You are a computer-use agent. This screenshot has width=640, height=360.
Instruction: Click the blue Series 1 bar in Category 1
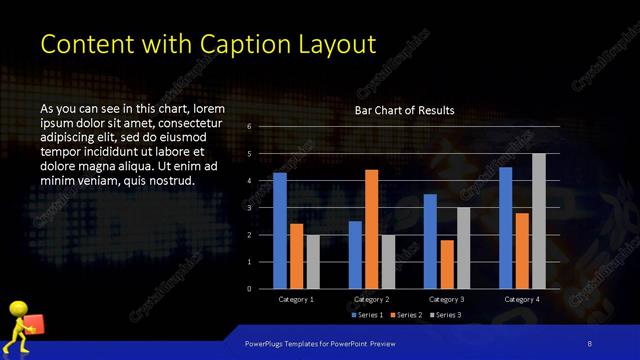[x=280, y=231]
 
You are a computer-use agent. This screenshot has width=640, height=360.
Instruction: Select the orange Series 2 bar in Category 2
[x=371, y=229]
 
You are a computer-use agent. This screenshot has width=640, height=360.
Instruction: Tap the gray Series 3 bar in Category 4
[x=539, y=221]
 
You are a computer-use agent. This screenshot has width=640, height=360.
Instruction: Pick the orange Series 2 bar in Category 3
[x=447, y=264]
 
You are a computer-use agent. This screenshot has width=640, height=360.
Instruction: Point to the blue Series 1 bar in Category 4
[x=506, y=228]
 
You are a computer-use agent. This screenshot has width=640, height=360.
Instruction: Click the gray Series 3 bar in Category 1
[x=313, y=262]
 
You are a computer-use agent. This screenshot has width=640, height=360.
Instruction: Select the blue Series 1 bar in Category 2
[x=355, y=255]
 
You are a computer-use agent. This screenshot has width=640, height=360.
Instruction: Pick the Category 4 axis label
[x=522, y=299]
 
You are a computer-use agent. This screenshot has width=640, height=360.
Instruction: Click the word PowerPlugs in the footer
[x=267, y=343]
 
